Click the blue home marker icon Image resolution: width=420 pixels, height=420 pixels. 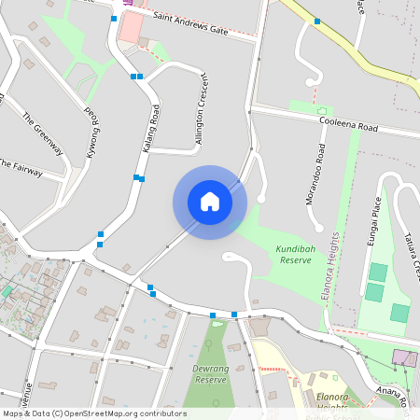pyautogui.click(x=210, y=202)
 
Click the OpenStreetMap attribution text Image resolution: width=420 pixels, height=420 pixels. pyautogui.click(x=93, y=413)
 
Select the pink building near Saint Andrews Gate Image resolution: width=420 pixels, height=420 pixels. pyautogui.click(x=132, y=26)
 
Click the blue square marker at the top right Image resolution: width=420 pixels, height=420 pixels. pyautogui.click(x=317, y=21)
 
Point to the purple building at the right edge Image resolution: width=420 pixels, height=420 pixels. pyautogui.click(x=404, y=357)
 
